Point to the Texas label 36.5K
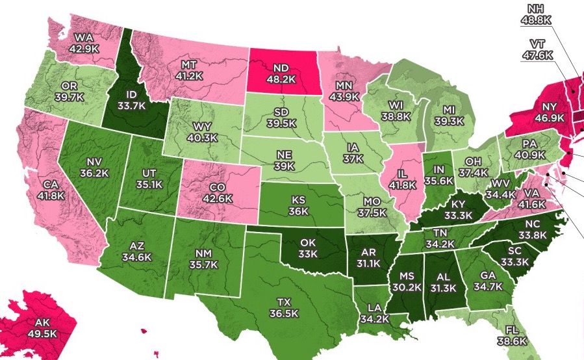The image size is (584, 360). (285, 307)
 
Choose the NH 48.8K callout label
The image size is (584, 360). (537, 14)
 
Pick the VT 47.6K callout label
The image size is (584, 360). (537, 49)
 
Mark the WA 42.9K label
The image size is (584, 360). (84, 42)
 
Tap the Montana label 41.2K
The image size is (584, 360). (189, 71)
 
